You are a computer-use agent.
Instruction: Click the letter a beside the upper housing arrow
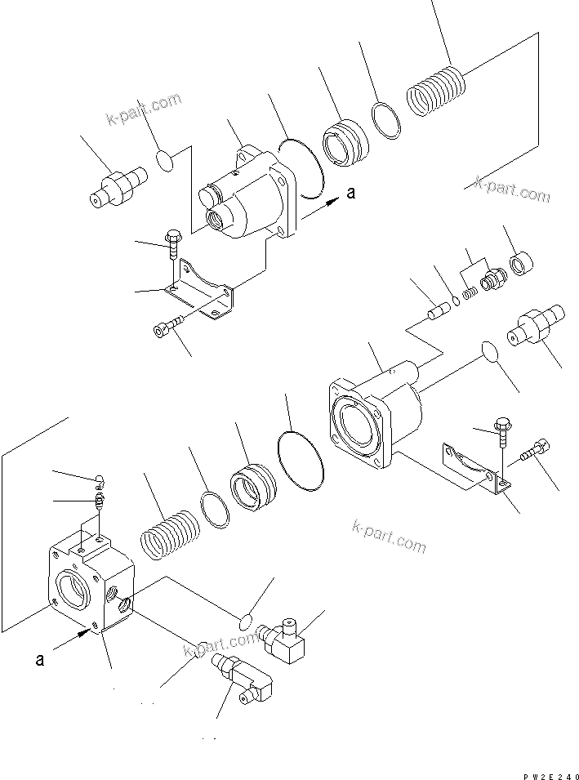(x=351, y=194)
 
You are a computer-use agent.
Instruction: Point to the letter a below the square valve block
(x=39, y=660)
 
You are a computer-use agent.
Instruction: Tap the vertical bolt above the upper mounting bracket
(x=173, y=245)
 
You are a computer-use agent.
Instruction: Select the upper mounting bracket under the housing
(x=204, y=291)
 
